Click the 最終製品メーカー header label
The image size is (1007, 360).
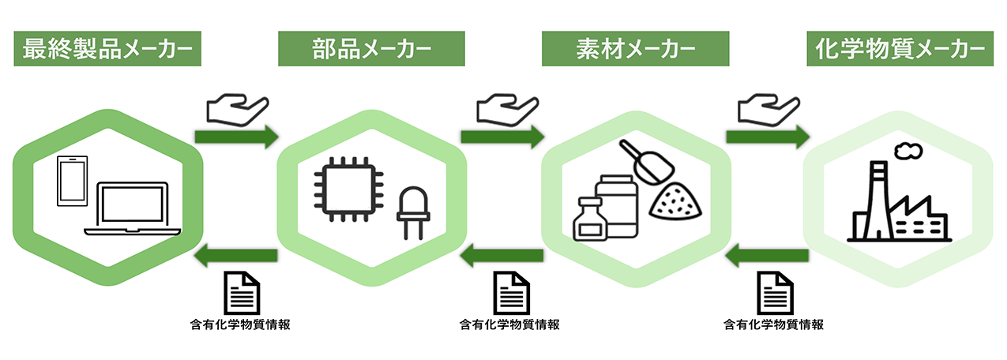[x=107, y=50]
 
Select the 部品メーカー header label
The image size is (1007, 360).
[x=371, y=50]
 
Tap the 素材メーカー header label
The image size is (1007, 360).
[x=634, y=50]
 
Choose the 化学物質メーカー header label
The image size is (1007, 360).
[x=900, y=50]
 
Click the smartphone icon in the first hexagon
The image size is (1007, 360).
[x=71, y=182]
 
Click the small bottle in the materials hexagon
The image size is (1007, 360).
[x=590, y=219]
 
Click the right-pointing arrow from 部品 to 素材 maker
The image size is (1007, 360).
[x=502, y=136]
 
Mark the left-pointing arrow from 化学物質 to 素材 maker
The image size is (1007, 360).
[x=767, y=255]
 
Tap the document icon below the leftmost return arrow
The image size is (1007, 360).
[x=237, y=292]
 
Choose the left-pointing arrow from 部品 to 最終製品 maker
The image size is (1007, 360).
[x=236, y=255]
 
